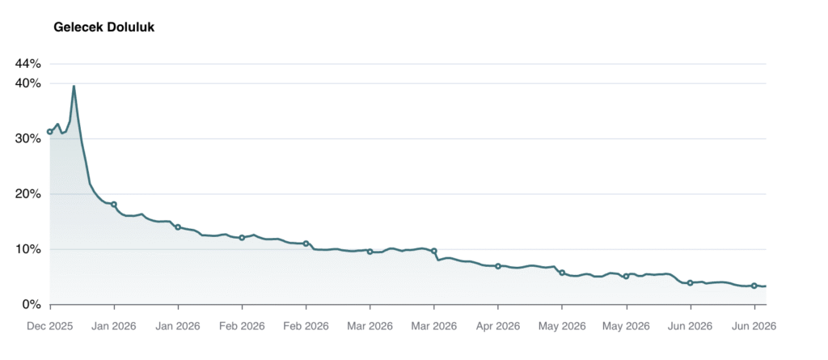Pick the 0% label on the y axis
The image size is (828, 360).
click(31, 304)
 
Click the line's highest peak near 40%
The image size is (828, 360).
click(74, 86)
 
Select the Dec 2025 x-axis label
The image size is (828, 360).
click(50, 326)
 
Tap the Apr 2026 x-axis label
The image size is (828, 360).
click(498, 326)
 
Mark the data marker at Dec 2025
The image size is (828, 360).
click(50, 132)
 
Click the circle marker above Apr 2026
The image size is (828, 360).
click(498, 266)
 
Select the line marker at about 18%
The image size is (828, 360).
click(114, 205)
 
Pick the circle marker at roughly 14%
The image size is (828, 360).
click(178, 227)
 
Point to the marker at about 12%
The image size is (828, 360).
click(242, 238)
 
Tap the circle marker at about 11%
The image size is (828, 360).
click(306, 244)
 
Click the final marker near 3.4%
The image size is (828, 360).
click(754, 286)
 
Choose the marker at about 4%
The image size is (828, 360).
click(690, 283)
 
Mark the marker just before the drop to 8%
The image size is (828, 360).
click(434, 251)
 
